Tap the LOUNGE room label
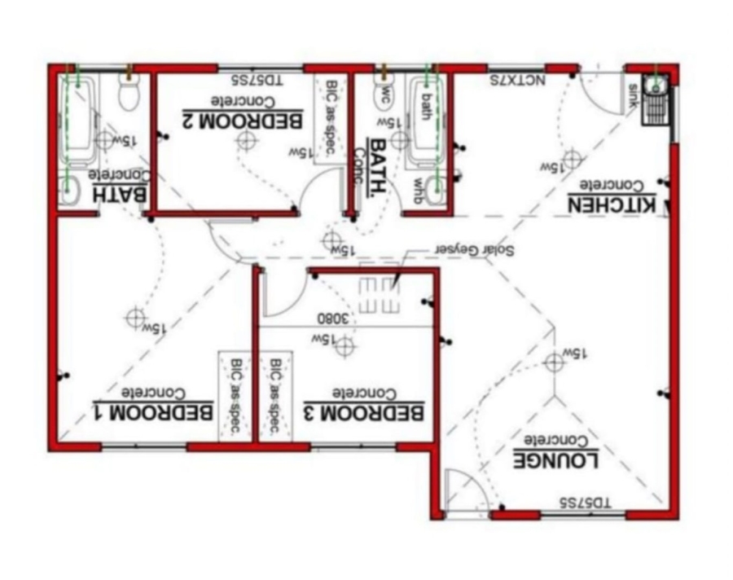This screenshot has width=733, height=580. (x=557, y=459)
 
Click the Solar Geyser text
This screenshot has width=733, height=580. (x=474, y=249)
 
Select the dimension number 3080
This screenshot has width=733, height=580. (x=333, y=318)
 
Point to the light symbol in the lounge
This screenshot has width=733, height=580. (x=555, y=362)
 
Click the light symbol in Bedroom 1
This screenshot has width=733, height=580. (x=135, y=318)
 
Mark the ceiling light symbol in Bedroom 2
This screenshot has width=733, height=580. (x=245, y=141)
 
